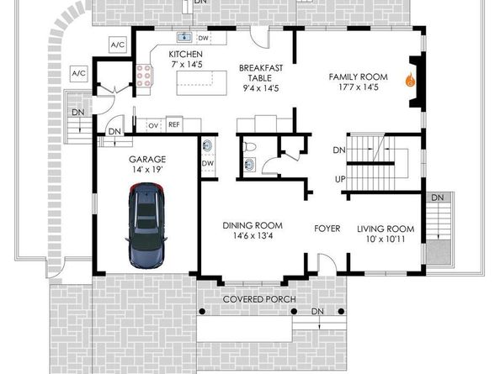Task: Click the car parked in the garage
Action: tap(146, 226)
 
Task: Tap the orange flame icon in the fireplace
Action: tap(411, 80)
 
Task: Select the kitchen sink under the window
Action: tap(184, 37)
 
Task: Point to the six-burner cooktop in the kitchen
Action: tap(143, 76)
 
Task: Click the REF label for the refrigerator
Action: tap(173, 124)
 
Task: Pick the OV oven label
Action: tap(153, 126)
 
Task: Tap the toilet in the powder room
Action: tap(249, 147)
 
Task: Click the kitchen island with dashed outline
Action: tap(201, 83)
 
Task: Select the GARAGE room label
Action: tap(147, 159)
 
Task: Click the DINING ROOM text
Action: tap(253, 226)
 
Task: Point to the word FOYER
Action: tap(327, 229)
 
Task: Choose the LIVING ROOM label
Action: tap(386, 229)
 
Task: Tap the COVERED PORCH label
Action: tap(259, 299)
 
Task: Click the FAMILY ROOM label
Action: tap(358, 77)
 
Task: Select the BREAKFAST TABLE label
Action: tap(261, 73)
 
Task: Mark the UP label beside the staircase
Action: tap(340, 179)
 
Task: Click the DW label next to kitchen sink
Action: tap(203, 38)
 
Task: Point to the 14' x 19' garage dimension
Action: tap(147, 170)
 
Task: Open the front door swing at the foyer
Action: tap(327, 263)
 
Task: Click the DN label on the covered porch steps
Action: tap(317, 311)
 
